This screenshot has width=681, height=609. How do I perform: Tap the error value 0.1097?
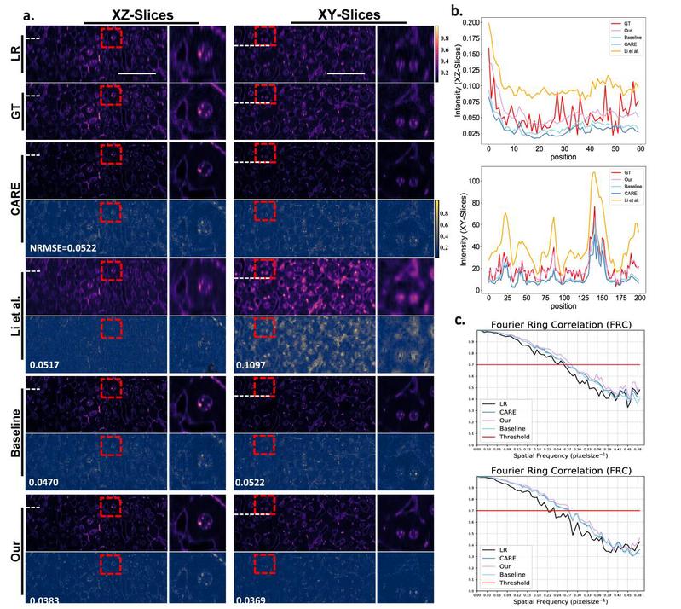[254, 366]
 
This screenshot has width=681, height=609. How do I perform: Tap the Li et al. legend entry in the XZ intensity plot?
[632, 66]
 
